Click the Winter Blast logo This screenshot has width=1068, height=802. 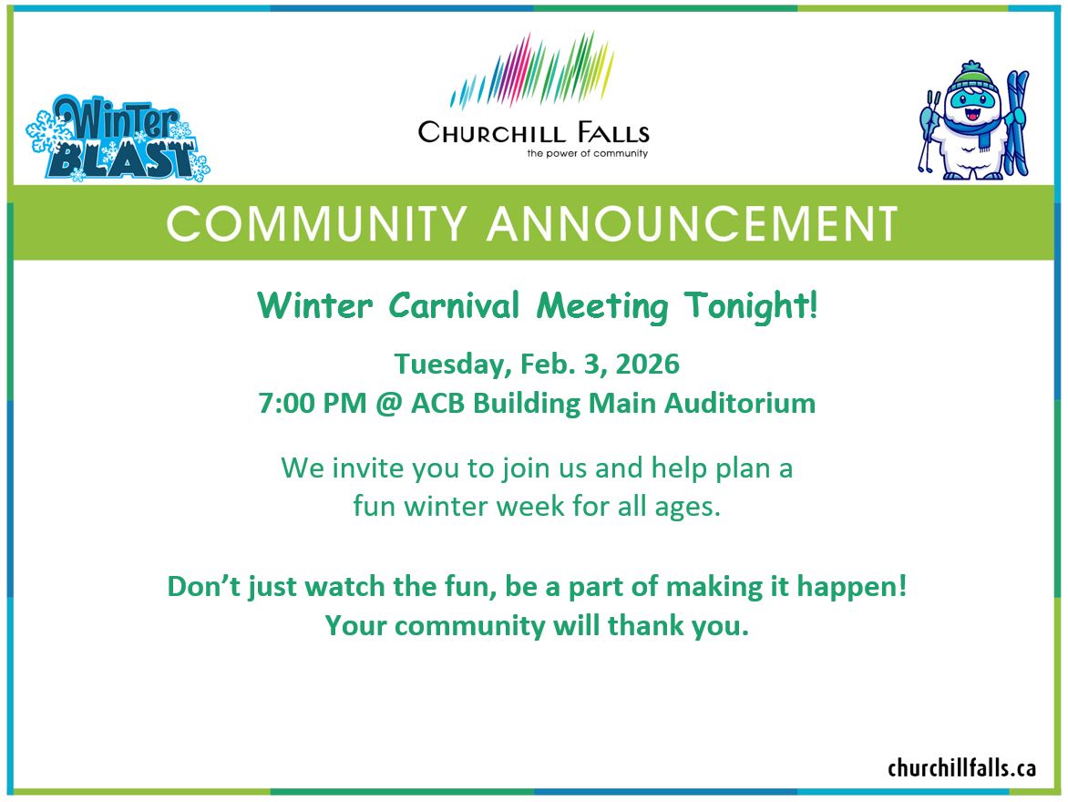[x=118, y=139]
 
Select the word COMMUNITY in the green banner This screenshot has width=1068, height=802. [x=317, y=223]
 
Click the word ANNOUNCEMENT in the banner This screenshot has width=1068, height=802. [x=693, y=223]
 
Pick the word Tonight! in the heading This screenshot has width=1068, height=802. [x=751, y=306]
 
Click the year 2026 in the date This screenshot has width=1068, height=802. [x=647, y=364]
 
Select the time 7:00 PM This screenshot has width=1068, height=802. [x=313, y=404]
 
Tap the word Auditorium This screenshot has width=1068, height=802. [x=740, y=404]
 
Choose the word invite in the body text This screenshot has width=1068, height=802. [x=371, y=468]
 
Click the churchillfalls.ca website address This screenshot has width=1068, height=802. [x=961, y=768]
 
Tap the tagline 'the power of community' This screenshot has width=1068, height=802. [x=587, y=153]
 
